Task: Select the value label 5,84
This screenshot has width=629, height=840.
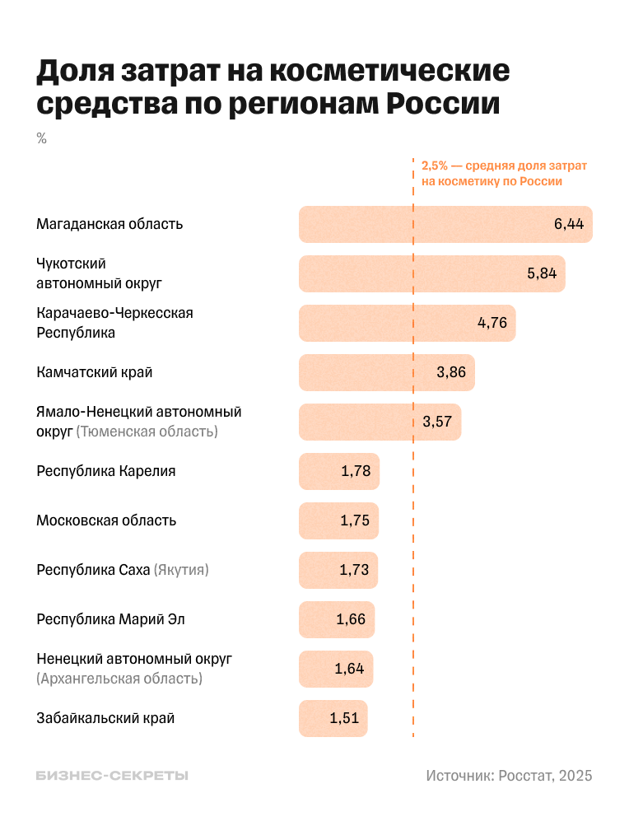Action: (542, 273)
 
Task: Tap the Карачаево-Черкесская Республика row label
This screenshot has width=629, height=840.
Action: (114, 323)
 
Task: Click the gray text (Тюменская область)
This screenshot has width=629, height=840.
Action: (147, 432)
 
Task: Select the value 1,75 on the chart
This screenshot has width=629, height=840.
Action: (355, 520)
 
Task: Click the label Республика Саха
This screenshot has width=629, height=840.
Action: (93, 570)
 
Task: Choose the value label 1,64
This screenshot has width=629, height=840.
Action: (349, 669)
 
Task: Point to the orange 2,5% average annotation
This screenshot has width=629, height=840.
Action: (504, 173)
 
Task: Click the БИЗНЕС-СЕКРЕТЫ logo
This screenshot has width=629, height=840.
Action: (112, 776)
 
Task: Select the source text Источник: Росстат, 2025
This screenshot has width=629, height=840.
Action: (509, 776)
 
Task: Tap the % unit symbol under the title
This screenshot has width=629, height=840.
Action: (41, 138)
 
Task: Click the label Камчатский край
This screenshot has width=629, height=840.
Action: (95, 372)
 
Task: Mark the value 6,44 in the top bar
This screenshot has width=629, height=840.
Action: (569, 224)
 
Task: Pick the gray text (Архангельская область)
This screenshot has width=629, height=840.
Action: (119, 679)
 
